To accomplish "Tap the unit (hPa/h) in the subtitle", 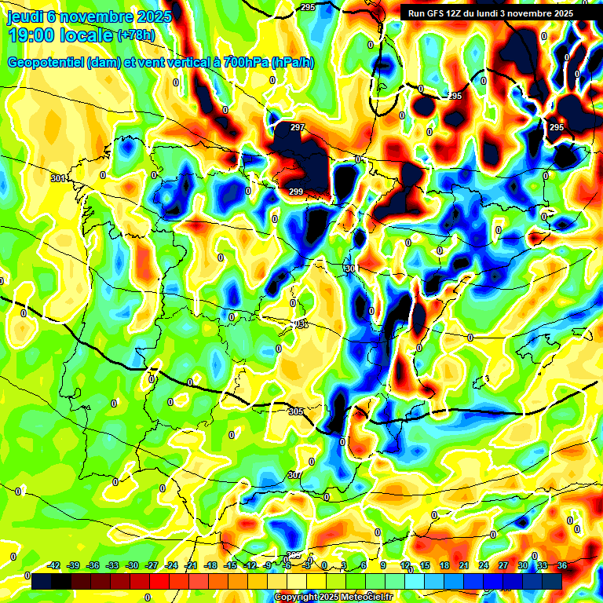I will point(292,62).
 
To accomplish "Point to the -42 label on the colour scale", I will point(54,565).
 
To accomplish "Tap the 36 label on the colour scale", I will point(562,565).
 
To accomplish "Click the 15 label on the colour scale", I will point(425,565).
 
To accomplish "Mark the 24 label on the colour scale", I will point(484,565).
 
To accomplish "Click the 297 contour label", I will point(297,127).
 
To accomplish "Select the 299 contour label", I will point(295,192).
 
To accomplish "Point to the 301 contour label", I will point(57,179).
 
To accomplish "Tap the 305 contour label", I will point(296,411).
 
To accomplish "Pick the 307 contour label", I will point(294,475).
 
